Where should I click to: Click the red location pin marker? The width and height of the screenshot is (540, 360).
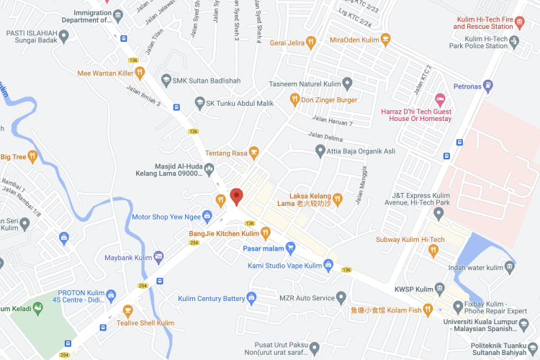(237, 195)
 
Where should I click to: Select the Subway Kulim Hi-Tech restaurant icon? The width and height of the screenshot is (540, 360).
(433, 251)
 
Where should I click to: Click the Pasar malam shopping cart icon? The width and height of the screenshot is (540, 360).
(290, 248)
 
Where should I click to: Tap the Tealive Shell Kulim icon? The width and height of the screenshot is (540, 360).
(128, 311)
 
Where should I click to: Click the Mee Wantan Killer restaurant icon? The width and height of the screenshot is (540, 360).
(140, 73)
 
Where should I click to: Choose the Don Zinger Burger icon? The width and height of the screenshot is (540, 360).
(294, 99)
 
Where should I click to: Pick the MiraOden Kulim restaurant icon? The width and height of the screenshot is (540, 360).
(386, 39)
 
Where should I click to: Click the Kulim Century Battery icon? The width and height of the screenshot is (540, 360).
(251, 297)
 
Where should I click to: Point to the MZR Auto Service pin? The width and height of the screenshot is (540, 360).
(341, 297)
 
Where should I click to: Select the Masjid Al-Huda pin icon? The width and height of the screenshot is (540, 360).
(209, 168)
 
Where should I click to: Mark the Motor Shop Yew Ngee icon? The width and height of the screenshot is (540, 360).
(207, 215)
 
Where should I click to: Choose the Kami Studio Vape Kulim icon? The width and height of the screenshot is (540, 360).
(328, 266)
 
